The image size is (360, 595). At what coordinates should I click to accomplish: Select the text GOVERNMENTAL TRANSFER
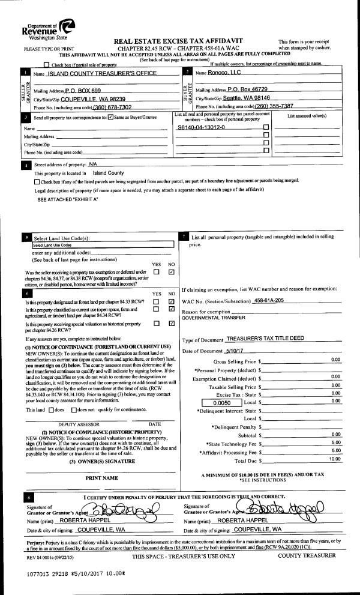(209, 318)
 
